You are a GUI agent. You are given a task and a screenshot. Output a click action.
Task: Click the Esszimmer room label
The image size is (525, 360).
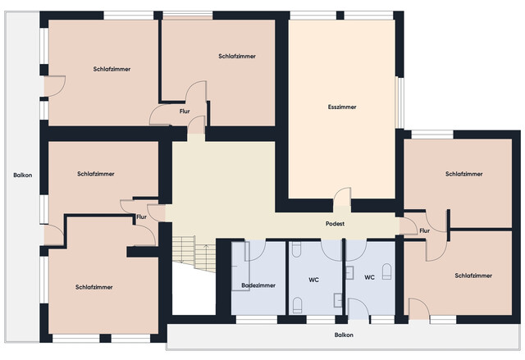[342, 107]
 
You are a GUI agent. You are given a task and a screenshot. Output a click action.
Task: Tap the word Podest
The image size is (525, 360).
[335, 224]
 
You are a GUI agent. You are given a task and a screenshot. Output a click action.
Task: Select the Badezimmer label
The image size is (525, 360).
[258, 285]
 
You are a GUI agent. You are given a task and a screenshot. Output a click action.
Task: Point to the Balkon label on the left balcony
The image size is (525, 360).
[23, 175]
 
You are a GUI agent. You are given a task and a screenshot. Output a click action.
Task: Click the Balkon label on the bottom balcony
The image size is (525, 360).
[344, 335]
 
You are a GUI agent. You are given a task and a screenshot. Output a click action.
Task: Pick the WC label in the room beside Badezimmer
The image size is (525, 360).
[313, 280]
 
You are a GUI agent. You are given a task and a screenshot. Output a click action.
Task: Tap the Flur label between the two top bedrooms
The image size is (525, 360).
[185, 111]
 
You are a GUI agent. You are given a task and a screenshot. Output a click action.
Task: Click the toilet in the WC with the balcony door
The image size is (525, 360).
[386, 271]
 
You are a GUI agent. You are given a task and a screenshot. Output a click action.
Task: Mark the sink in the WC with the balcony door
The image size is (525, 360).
[350, 272]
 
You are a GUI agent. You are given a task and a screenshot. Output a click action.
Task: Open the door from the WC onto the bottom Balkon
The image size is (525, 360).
[358, 308]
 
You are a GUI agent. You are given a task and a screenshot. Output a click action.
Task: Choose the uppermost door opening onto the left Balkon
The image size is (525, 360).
[54, 86]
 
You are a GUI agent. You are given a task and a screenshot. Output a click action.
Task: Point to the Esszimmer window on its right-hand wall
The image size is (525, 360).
[399, 103]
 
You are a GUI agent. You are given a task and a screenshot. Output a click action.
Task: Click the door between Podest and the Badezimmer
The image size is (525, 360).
[255, 250]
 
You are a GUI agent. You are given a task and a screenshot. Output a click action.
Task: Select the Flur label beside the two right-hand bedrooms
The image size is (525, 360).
[424, 230]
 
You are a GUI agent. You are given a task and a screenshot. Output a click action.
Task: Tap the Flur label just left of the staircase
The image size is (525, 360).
[141, 216]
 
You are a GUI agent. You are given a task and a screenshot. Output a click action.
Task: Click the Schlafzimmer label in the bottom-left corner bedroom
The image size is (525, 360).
[94, 287]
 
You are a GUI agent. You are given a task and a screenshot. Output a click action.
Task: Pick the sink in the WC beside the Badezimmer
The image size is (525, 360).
[337, 300]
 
